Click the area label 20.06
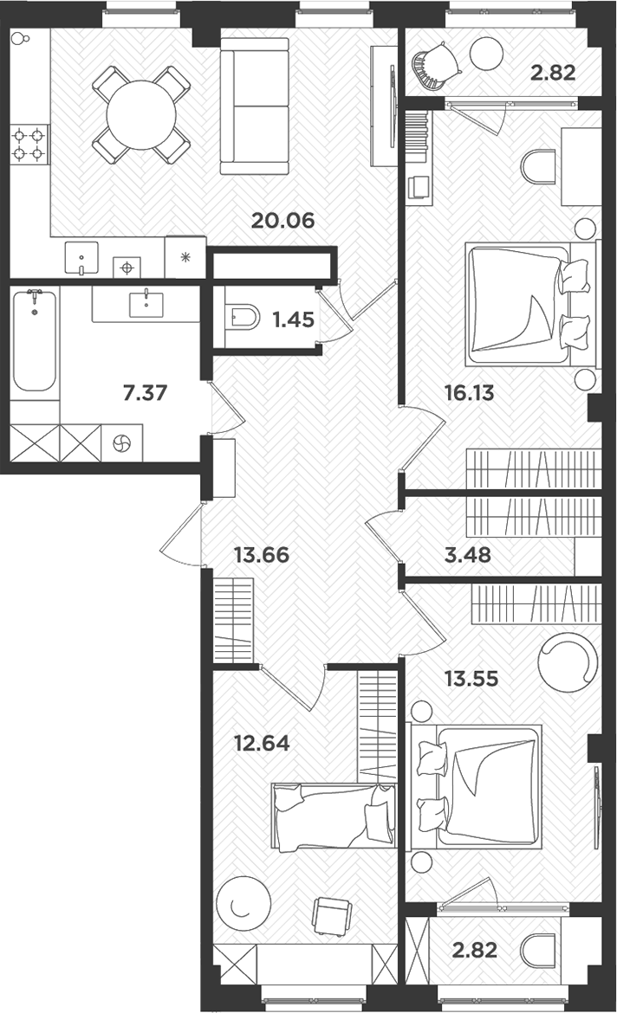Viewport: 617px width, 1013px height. [x=282, y=220]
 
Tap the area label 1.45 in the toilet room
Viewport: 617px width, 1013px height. [x=293, y=319]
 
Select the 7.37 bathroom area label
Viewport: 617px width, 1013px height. [x=145, y=395]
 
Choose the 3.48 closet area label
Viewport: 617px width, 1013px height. [x=467, y=554]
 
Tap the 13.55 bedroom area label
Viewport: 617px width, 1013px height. [x=471, y=679]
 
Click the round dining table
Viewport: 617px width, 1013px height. [x=141, y=114]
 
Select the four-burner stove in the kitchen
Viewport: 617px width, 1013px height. [x=29, y=145]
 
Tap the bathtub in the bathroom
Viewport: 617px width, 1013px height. [x=36, y=339]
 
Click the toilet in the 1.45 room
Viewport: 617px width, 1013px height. [x=243, y=319]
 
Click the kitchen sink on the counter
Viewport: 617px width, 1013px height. [x=82, y=257]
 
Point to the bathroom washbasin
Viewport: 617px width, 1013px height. [x=146, y=305]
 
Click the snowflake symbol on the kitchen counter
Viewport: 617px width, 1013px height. [x=185, y=257]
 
